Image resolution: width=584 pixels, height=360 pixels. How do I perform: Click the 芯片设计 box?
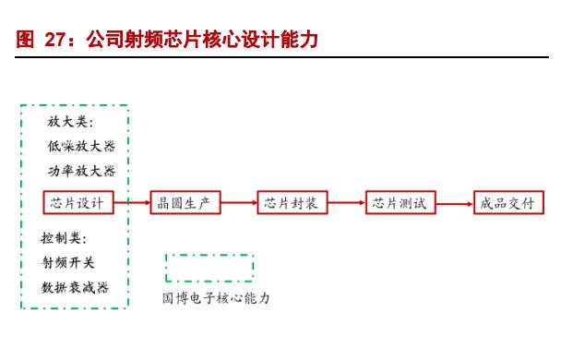[78, 203]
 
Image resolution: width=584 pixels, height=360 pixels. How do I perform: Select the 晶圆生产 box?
[185, 203]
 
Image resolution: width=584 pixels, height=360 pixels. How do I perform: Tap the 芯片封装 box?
[291, 203]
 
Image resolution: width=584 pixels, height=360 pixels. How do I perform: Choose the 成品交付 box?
[507, 203]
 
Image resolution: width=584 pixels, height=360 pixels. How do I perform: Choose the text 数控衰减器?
[75, 287]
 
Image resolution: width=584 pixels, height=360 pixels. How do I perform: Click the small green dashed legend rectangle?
[209, 268]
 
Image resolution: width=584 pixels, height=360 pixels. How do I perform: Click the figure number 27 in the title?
[55, 40]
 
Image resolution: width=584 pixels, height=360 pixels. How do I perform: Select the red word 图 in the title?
[25, 40]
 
